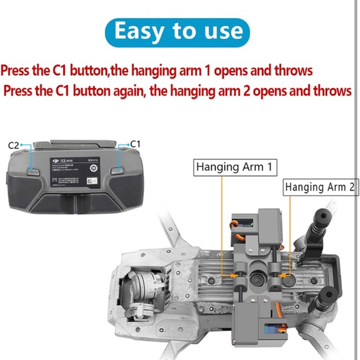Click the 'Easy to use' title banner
(179, 30)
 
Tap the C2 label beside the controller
(16, 145)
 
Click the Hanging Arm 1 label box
(235, 167)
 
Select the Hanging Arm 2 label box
(321, 187)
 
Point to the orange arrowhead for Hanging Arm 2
(281, 272)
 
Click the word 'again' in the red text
(138, 91)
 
